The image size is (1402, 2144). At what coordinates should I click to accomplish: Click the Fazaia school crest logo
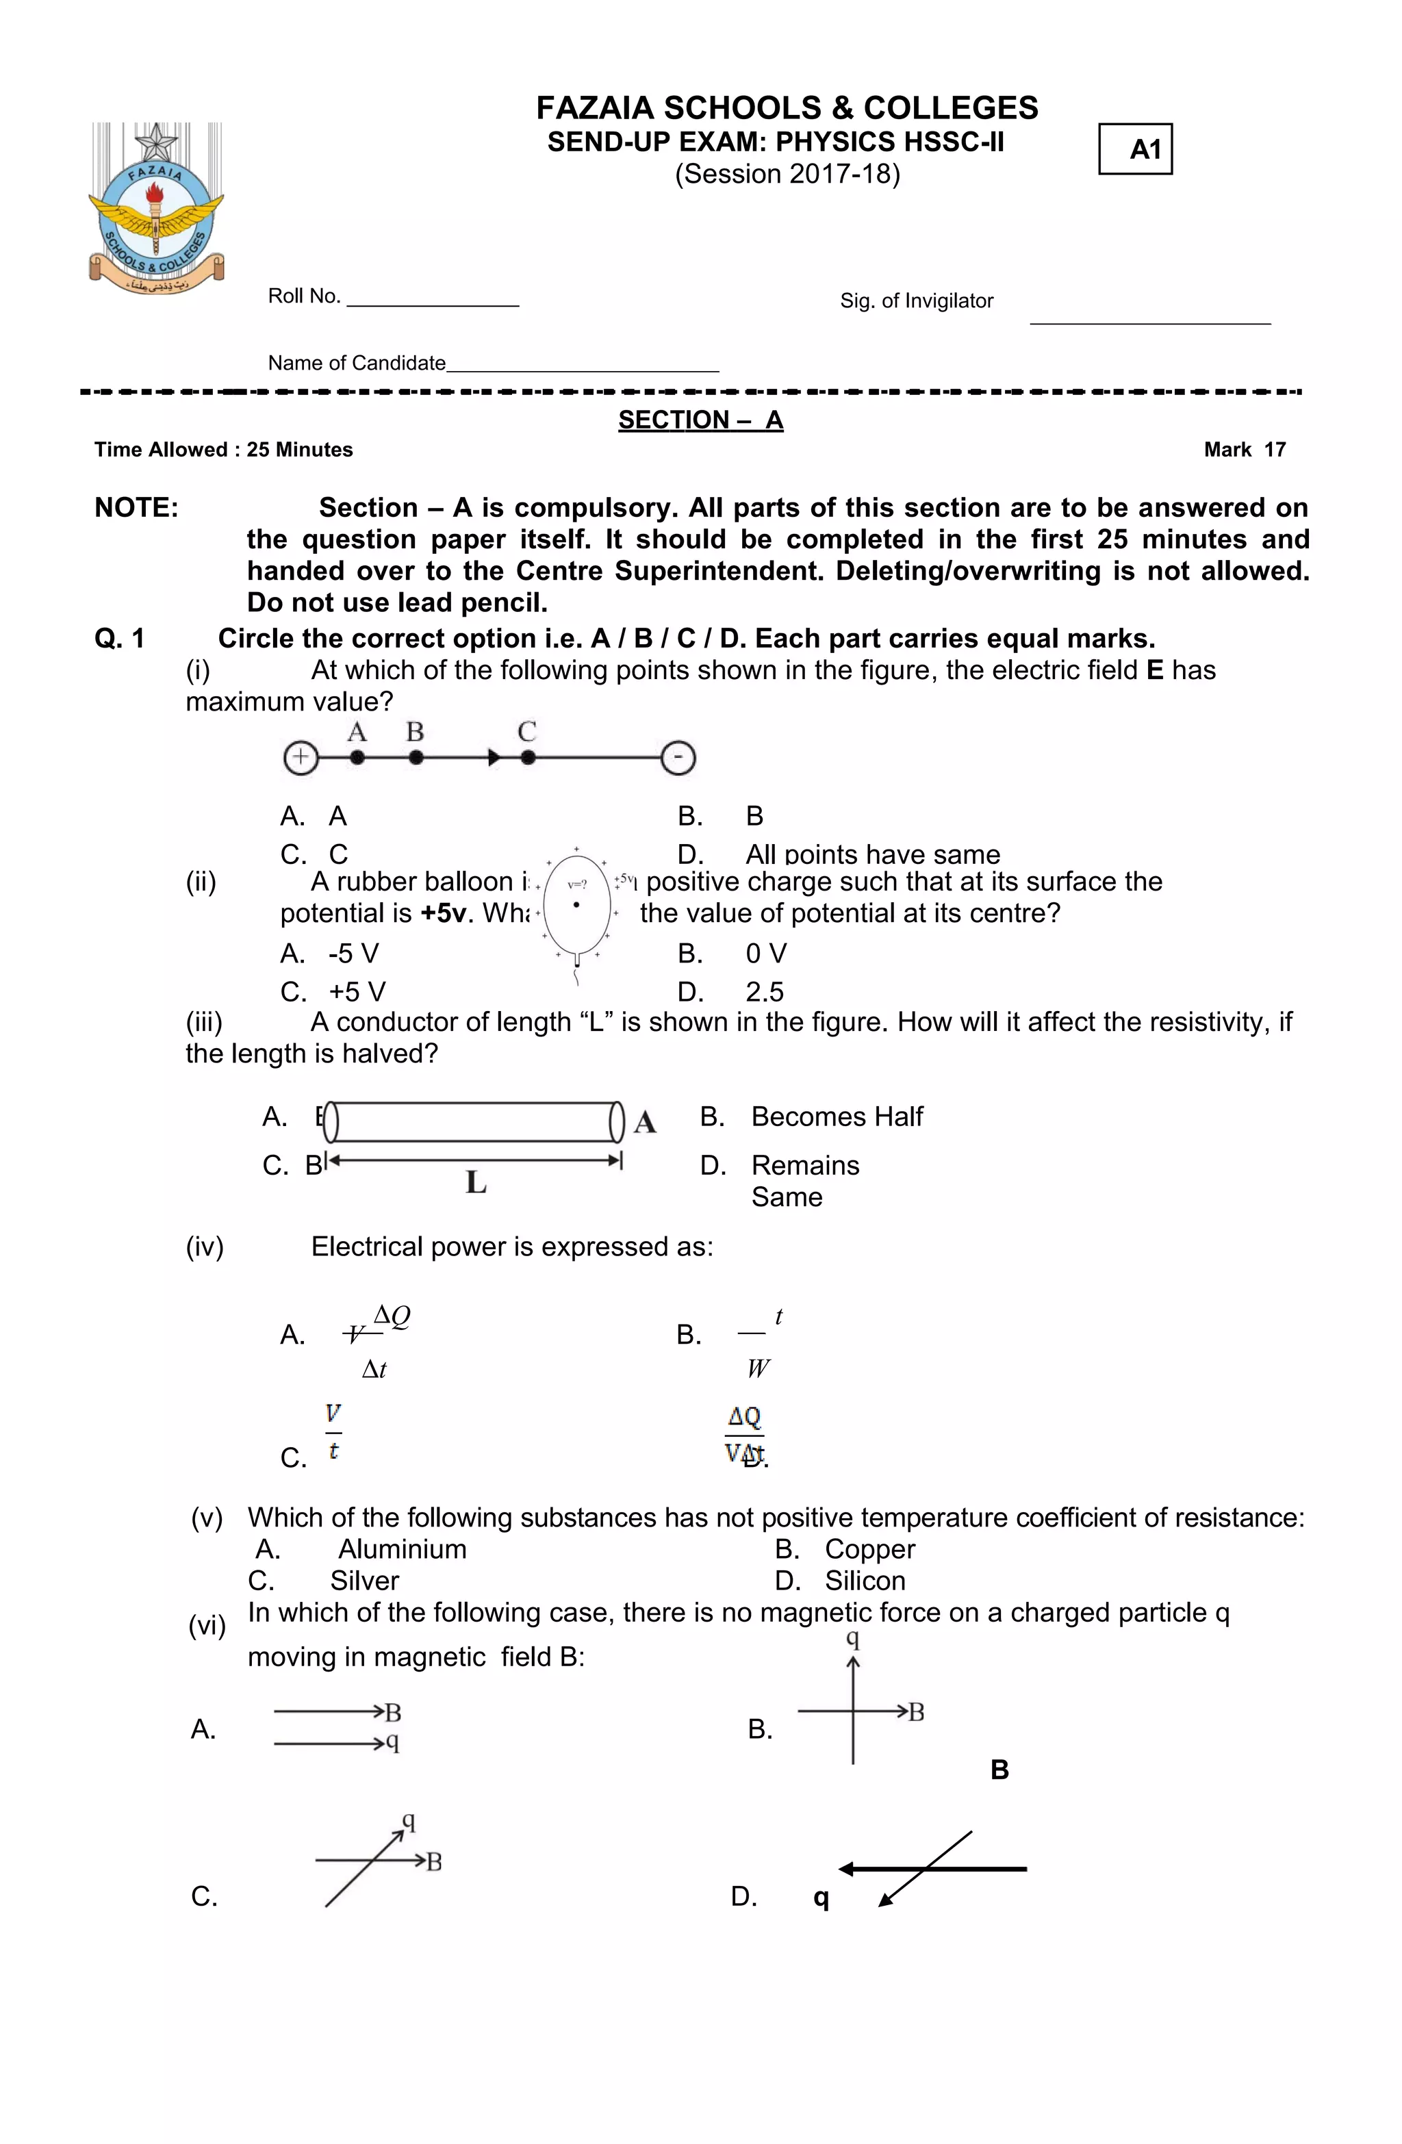point(156,209)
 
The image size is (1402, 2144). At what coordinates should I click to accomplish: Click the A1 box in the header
point(1134,149)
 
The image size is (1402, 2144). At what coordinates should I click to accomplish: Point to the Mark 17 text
point(1245,450)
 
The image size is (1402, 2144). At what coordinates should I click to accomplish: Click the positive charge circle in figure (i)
point(301,758)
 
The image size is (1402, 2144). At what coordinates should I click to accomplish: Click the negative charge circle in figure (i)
point(678,758)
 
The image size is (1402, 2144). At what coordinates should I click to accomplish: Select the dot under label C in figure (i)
point(528,758)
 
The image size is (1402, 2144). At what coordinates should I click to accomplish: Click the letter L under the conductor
point(476,1182)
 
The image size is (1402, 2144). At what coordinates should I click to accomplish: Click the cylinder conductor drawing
point(473,1121)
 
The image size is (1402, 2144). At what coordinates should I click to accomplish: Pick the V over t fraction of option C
point(333,1431)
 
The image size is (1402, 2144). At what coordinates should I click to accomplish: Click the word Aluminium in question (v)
point(402,1549)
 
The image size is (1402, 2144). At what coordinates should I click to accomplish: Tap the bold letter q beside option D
point(820,1897)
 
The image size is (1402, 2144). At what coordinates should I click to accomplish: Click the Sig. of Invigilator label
point(915,301)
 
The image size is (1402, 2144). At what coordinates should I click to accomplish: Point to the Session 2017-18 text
point(787,174)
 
